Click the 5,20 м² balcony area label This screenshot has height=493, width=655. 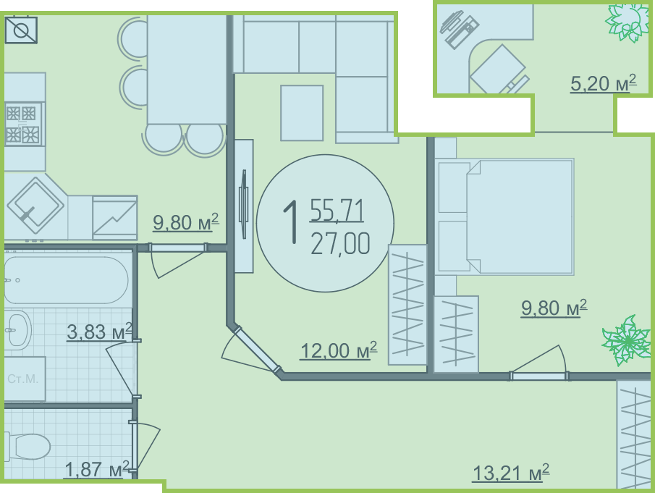tap(603, 83)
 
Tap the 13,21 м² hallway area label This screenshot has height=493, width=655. tap(510, 473)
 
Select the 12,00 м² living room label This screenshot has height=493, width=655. tap(339, 350)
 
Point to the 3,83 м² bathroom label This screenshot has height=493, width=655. tap(99, 332)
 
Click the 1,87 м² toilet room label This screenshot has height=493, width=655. tap(97, 469)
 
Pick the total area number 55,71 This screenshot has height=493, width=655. tap(337, 210)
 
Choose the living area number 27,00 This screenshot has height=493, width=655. tap(340, 244)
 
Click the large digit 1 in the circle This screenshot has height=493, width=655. tap(291, 221)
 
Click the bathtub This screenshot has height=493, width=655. tap(66, 279)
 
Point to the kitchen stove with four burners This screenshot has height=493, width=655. tap(23, 124)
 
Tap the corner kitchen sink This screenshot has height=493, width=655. tap(35, 206)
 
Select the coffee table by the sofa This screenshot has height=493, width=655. tap(302, 113)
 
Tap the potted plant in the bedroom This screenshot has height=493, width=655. tap(626, 340)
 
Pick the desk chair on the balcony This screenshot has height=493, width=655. tap(499, 71)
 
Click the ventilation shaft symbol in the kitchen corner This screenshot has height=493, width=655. tap(21, 30)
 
